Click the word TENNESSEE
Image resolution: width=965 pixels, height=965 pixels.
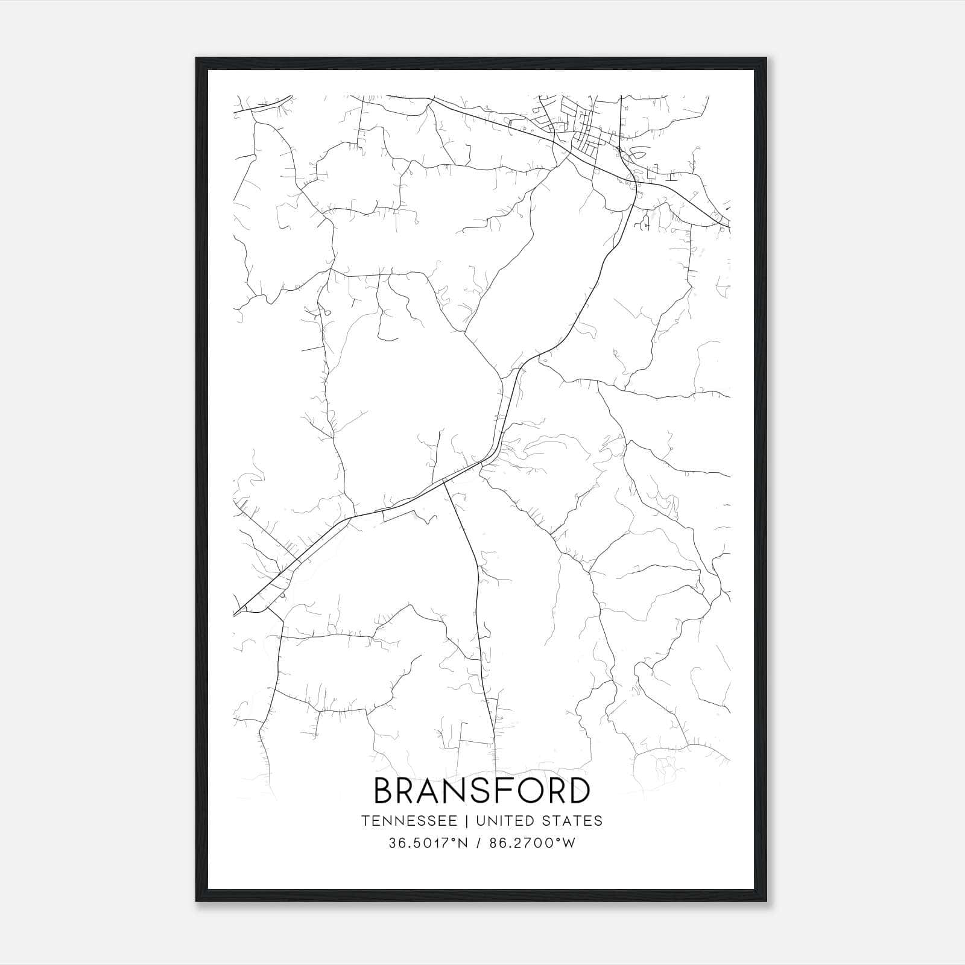[x=409, y=821]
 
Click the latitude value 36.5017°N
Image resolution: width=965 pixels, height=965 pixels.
[x=428, y=843]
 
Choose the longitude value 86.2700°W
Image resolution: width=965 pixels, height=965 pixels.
[x=534, y=843]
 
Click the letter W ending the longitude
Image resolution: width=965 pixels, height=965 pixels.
[x=568, y=843]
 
